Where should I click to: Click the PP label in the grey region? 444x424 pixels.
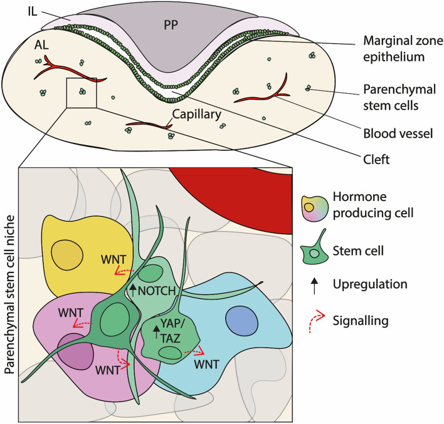(171, 25)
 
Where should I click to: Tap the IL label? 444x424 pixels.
(33, 12)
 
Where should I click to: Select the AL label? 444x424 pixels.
(41, 44)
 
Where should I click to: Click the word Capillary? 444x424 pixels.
(196, 115)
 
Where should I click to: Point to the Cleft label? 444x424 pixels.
(376, 160)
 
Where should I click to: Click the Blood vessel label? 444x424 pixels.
(398, 133)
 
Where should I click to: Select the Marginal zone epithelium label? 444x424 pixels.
(403, 49)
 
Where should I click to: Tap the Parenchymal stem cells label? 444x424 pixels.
(399, 97)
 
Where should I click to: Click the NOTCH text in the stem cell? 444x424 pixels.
(157, 291)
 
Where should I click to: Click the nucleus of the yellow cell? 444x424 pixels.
(67, 255)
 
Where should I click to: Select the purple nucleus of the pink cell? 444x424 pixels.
(75, 351)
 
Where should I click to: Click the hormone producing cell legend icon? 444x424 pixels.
(315, 209)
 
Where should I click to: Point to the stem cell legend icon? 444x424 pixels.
(315, 249)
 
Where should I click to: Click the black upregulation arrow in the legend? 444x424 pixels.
(314, 286)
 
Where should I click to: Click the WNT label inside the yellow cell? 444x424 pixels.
(114, 259)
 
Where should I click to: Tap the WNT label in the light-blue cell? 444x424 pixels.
(207, 365)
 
